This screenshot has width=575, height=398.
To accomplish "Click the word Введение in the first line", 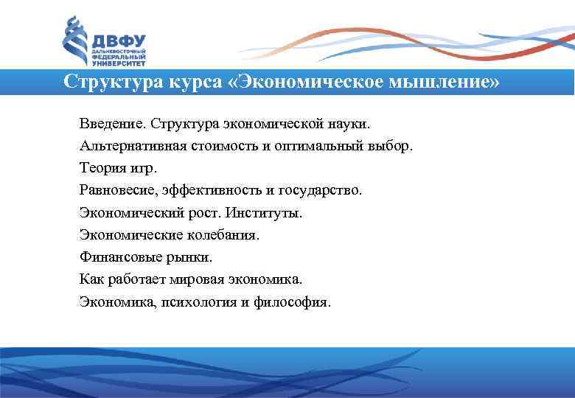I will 109,122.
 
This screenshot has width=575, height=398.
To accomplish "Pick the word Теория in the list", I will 101,167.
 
